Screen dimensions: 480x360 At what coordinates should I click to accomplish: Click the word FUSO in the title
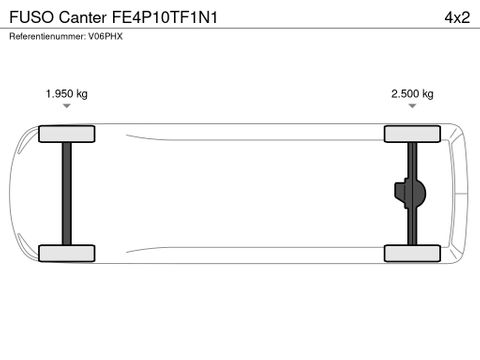coord(32,17)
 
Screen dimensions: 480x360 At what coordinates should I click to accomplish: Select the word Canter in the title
coord(83,17)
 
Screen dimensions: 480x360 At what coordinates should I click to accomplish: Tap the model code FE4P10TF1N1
coord(165,17)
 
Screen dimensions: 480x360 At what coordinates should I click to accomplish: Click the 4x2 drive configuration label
coord(457,17)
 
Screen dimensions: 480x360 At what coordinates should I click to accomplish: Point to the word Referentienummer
coord(47,36)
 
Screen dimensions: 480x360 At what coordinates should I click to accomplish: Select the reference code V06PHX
coord(105,36)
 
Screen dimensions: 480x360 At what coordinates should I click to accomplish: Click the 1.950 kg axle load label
coord(67,94)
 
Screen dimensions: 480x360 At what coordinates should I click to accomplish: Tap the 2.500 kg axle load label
coord(412,94)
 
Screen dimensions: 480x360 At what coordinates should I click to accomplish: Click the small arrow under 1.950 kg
coord(67,106)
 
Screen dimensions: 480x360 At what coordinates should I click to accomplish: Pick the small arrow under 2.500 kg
coord(412,106)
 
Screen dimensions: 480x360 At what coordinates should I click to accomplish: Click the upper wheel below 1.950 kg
coord(67,134)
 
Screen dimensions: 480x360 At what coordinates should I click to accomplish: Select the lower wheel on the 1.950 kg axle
coord(67,253)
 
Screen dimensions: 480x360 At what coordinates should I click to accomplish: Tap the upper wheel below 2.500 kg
coord(412,134)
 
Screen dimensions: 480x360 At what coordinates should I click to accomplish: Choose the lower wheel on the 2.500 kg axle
coord(412,253)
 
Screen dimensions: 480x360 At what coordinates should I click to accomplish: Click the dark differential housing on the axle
coord(410,193)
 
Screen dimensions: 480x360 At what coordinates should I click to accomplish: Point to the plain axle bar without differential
coord(67,194)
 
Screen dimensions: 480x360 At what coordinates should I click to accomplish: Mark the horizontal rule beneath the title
coord(240,28)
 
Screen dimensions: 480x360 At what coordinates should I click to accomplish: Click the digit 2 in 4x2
coord(465,17)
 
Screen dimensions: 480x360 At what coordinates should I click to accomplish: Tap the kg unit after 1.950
coord(82,94)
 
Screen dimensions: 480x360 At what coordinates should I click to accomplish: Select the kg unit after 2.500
coord(428,94)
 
